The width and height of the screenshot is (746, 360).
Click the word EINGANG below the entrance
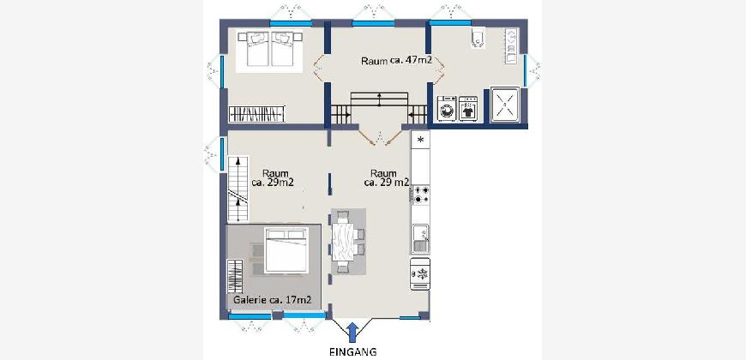point(353,352)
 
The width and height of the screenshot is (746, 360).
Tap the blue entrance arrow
point(352,333)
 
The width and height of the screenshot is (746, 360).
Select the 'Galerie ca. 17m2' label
point(273,300)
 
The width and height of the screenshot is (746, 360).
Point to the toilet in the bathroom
point(477,39)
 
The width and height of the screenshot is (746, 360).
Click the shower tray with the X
point(504,105)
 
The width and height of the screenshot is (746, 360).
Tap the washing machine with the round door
point(447,109)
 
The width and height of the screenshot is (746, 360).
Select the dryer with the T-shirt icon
point(468,109)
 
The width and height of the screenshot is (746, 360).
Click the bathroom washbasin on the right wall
point(511,46)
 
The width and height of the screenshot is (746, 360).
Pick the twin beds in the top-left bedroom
point(269,49)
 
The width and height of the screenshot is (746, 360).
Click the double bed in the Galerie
point(286,250)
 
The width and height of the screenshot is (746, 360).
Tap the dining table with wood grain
point(345,243)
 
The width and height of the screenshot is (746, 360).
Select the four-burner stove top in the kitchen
point(420,195)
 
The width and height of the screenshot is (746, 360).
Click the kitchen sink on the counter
point(420,239)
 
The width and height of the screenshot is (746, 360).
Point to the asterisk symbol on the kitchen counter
point(420,140)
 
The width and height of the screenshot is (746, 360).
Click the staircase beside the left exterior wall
point(238,189)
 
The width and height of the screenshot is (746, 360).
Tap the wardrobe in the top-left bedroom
point(256,114)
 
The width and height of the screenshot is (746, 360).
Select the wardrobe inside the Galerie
point(235,276)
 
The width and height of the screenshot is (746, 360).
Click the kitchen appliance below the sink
point(420,274)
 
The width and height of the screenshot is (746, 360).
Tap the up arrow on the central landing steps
point(379,99)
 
